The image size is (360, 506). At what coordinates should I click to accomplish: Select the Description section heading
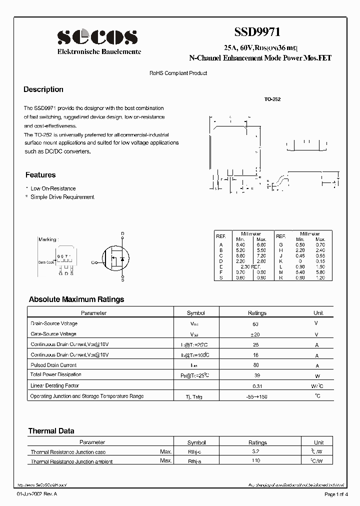43,89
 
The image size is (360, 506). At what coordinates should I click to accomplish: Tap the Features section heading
40,175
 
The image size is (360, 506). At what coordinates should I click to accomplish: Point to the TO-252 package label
272,99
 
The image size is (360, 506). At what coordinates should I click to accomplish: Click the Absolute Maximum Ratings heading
76,299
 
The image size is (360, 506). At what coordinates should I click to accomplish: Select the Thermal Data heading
51,430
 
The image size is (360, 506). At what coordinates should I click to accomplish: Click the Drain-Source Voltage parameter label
54,323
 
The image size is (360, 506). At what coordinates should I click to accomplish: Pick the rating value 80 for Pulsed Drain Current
257,365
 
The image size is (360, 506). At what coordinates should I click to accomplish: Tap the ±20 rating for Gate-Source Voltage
257,334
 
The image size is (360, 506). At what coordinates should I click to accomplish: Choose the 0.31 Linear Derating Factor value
257,386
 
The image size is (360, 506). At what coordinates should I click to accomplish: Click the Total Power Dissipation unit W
316,375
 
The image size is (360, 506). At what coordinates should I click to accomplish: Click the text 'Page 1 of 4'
337,494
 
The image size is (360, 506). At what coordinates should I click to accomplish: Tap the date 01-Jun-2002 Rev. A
37,494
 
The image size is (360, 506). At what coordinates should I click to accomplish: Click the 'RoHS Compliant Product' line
178,73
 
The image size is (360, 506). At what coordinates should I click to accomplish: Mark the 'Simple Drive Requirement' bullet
62,197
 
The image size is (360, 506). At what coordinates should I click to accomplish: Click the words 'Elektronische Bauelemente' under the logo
99,51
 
